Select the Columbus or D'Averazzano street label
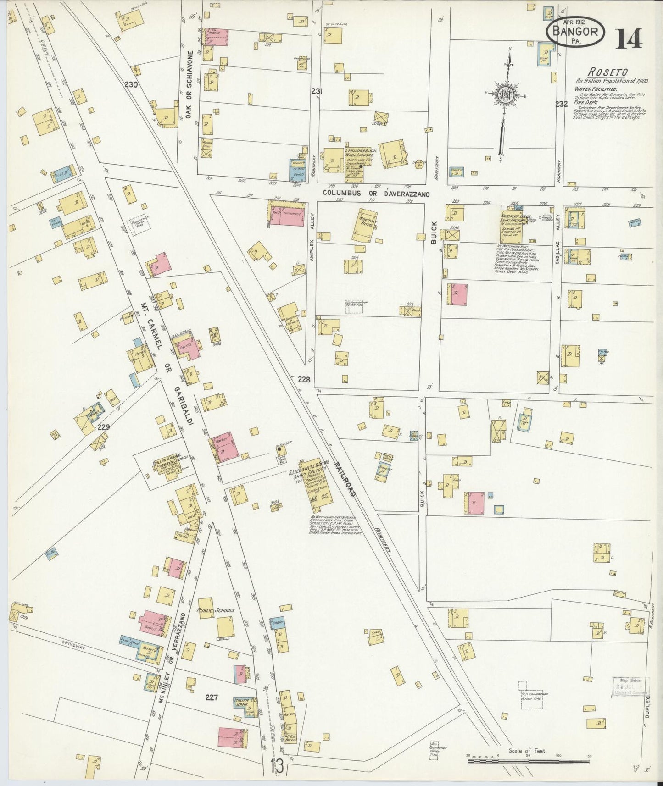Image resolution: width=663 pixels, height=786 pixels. pos(376,194)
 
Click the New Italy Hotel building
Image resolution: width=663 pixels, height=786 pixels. pos(365,224)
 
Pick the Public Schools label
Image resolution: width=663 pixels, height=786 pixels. pos(215,610)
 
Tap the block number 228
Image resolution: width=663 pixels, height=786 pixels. pos(304,379)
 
